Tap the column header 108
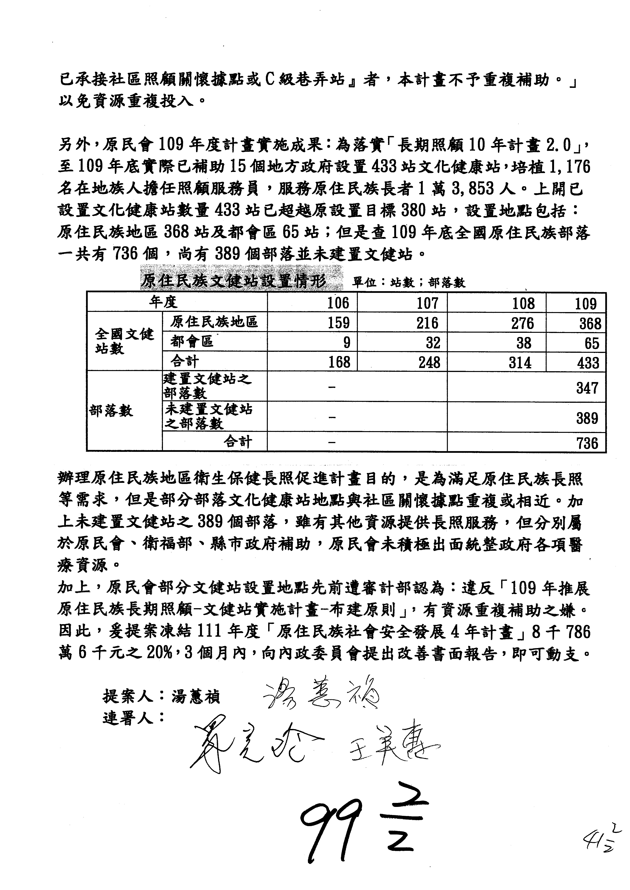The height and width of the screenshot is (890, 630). (x=523, y=303)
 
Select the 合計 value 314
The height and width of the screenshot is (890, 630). (x=520, y=362)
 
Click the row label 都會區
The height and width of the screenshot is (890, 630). (x=192, y=341)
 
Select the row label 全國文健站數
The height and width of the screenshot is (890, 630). (x=124, y=341)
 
